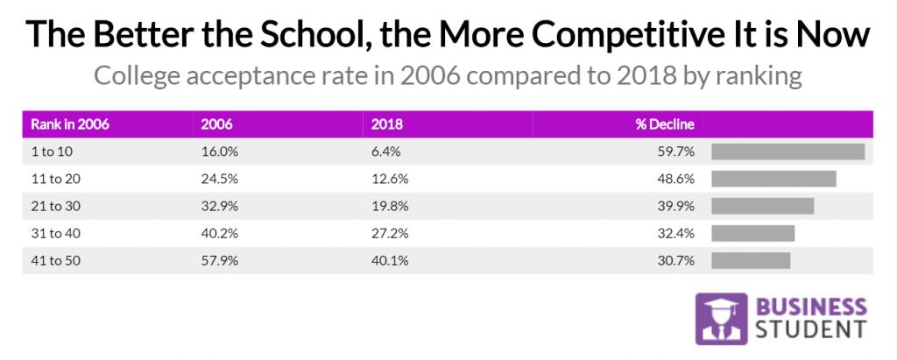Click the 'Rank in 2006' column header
pos(70,124)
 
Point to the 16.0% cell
pos(218,152)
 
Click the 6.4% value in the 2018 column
pos(386,152)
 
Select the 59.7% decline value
pos(678,152)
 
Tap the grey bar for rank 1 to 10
pos(788,152)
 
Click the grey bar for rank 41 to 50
pos(751,260)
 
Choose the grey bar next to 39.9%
pos(762,206)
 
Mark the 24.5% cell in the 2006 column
pos(219,179)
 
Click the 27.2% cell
pos(390,233)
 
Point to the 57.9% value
pos(219,260)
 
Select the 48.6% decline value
pos(678,179)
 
